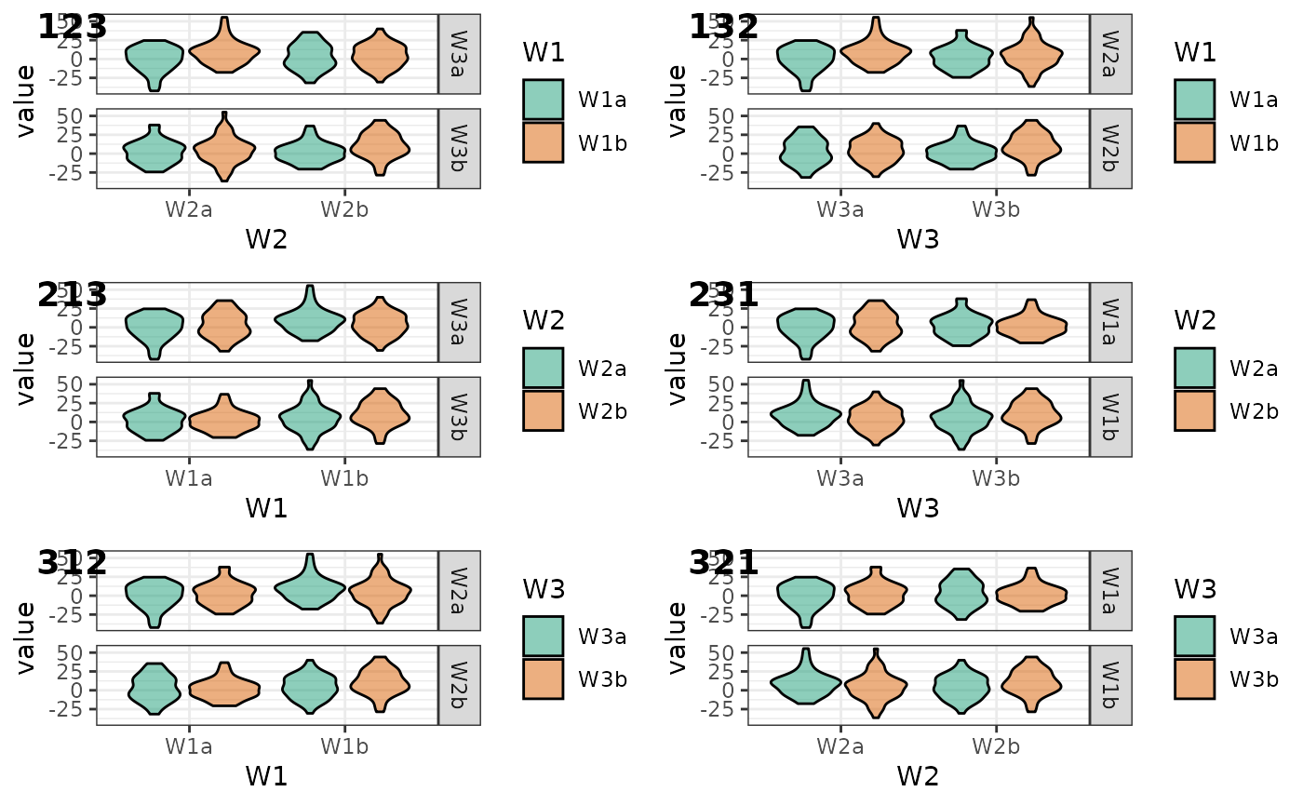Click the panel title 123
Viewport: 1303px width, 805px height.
(73, 27)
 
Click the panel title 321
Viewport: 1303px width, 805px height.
(724, 563)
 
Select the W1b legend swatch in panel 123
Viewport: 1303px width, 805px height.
(543, 142)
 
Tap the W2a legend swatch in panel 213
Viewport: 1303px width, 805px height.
(543, 368)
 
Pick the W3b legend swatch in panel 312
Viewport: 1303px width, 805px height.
(543, 678)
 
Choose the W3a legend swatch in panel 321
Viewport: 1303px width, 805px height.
(1194, 637)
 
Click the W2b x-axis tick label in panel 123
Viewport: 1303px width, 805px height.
(344, 209)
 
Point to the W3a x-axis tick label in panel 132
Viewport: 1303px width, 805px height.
(840, 209)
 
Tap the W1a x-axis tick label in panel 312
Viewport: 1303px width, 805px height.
(189, 746)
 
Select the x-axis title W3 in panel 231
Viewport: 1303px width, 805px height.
(918, 508)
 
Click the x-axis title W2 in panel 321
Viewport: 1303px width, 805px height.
(918, 776)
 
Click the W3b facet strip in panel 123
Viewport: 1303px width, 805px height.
(460, 149)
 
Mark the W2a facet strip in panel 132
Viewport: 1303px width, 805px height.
(1111, 53)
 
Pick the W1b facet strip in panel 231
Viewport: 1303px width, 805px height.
(1111, 417)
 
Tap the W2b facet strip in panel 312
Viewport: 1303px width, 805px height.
(460, 685)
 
